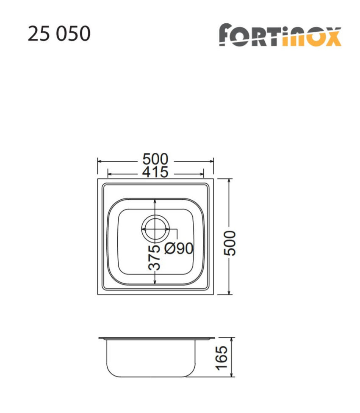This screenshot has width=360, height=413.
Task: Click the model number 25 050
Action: tap(59, 34)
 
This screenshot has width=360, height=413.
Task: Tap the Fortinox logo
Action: tap(280, 35)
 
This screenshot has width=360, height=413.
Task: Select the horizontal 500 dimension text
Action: tap(155, 160)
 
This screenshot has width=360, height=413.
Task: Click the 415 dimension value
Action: tap(155, 172)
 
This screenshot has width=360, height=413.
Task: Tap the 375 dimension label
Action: tap(155, 257)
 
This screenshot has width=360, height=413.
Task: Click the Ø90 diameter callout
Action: tap(178, 249)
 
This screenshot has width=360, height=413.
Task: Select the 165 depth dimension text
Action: tap(222, 358)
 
